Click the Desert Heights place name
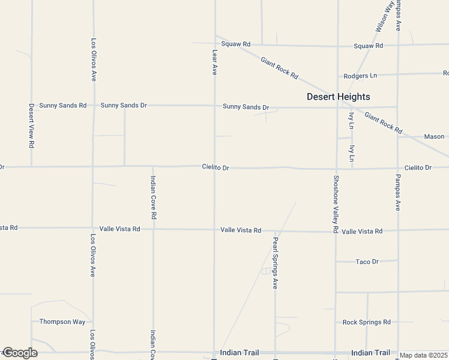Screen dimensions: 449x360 point(338,97)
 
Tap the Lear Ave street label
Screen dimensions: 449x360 point(214,62)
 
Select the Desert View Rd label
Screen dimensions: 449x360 point(31,126)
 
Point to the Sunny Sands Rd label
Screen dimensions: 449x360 point(62,105)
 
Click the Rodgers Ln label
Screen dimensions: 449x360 point(360,76)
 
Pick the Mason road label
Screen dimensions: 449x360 point(434,137)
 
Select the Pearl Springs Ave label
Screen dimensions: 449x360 point(276,263)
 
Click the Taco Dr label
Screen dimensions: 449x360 point(367,262)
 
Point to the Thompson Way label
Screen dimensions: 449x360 point(62,322)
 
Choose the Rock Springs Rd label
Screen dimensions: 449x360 point(366,322)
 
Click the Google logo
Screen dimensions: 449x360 point(20,353)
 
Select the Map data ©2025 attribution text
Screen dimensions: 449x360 point(424,355)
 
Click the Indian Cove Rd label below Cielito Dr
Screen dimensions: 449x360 point(153,197)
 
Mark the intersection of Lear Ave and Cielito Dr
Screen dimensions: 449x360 point(214,167)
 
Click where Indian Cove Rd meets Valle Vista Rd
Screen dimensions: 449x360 point(153,229)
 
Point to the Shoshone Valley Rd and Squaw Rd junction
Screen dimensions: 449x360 point(337,46)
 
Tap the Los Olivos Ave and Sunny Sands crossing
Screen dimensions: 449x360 point(92,105)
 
